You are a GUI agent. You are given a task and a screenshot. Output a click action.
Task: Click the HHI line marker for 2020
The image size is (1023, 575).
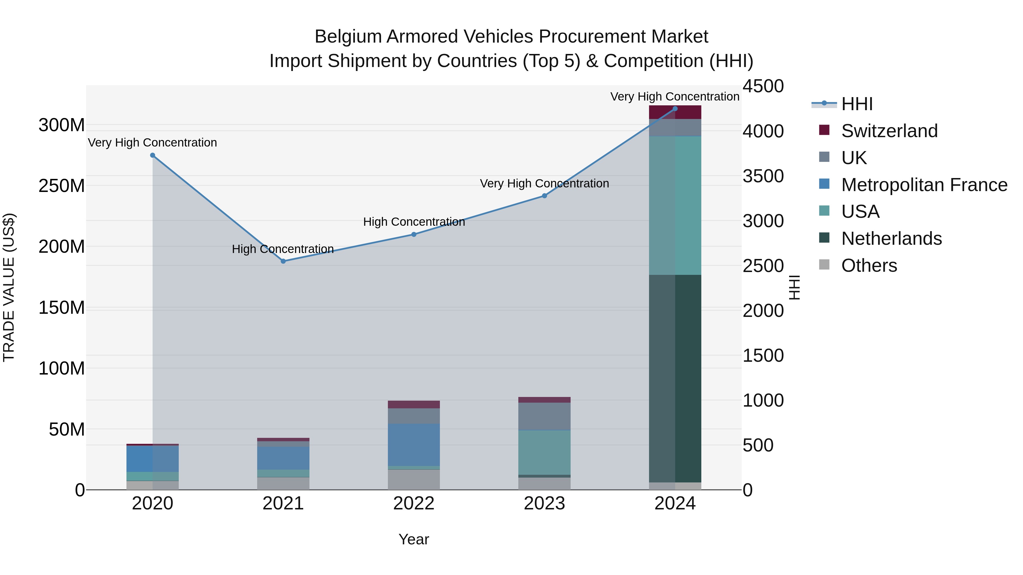point(153,155)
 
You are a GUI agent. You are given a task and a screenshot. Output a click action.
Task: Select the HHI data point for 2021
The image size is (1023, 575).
point(283,261)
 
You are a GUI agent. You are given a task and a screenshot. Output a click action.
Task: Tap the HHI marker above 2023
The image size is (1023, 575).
point(544,196)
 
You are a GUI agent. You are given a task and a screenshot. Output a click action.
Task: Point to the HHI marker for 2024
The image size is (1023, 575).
point(675,108)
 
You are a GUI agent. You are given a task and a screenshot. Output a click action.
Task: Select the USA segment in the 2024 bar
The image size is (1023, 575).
point(675,205)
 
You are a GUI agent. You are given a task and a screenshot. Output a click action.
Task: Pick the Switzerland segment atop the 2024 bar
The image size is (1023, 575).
point(675,112)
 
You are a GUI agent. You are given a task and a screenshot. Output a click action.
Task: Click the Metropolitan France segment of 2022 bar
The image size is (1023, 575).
point(414,444)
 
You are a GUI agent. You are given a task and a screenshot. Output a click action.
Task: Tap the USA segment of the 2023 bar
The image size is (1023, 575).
point(544,452)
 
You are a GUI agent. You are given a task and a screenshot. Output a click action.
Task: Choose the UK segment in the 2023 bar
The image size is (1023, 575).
point(544,416)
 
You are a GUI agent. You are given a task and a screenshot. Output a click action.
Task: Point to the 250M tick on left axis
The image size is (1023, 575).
point(62,186)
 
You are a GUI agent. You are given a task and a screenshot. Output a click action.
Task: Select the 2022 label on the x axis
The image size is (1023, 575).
point(414,503)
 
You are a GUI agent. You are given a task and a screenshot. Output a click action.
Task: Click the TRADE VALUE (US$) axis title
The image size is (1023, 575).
point(9,287)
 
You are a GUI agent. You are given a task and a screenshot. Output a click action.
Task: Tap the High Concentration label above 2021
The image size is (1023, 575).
point(283,249)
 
